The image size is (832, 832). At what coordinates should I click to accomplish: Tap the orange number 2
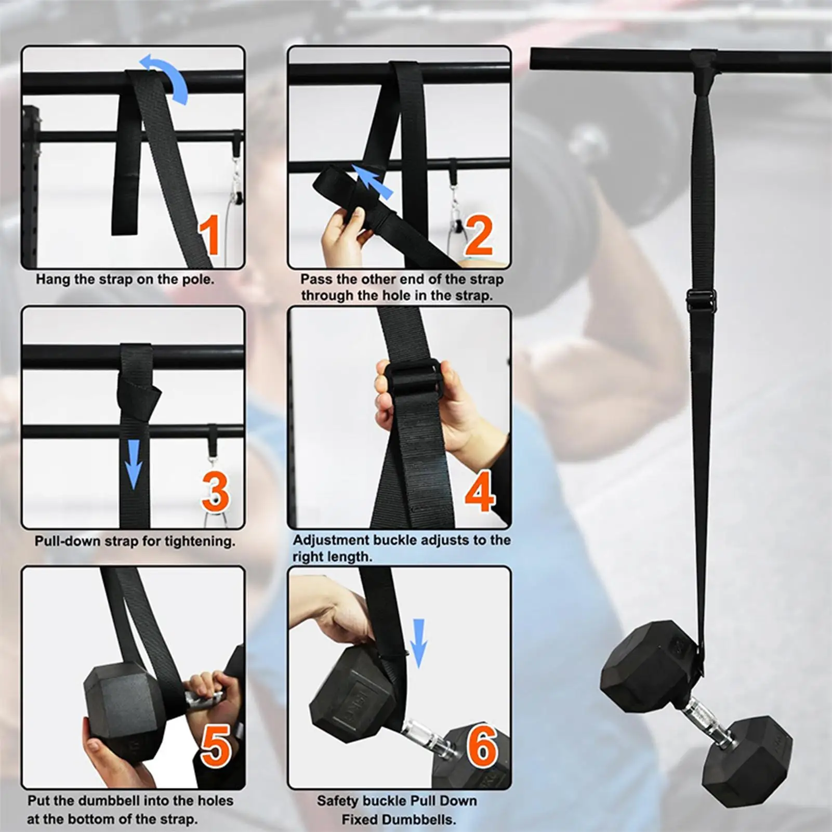479,236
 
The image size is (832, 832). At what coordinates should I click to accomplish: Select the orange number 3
215,491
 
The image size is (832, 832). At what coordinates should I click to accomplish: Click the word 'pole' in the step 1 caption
197,280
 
